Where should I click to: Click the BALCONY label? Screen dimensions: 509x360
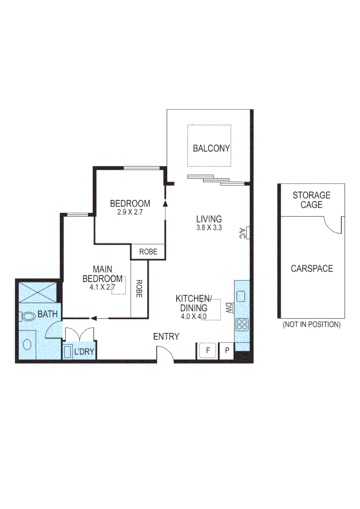(x=211, y=148)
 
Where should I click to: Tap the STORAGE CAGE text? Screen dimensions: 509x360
(x=311, y=200)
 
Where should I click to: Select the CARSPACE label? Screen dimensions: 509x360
(x=311, y=269)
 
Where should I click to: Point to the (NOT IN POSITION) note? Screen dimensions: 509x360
(x=311, y=325)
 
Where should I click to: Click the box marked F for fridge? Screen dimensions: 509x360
(x=207, y=350)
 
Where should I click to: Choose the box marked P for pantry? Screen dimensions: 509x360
(x=227, y=350)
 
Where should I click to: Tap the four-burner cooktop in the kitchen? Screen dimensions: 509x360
(x=242, y=324)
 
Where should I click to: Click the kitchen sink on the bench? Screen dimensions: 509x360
(x=241, y=296)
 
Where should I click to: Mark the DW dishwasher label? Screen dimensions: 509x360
(x=229, y=308)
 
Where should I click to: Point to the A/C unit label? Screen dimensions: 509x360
(x=242, y=232)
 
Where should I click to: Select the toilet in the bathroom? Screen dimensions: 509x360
(x=29, y=317)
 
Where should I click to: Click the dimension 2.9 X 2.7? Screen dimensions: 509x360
(x=130, y=212)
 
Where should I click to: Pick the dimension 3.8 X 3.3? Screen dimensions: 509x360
(x=209, y=227)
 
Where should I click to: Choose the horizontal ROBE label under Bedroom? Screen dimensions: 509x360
(x=147, y=252)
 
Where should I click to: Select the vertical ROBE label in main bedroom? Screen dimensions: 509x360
(x=139, y=289)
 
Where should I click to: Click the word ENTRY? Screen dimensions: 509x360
(x=166, y=337)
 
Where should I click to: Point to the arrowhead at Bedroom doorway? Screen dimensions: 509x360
(x=165, y=204)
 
